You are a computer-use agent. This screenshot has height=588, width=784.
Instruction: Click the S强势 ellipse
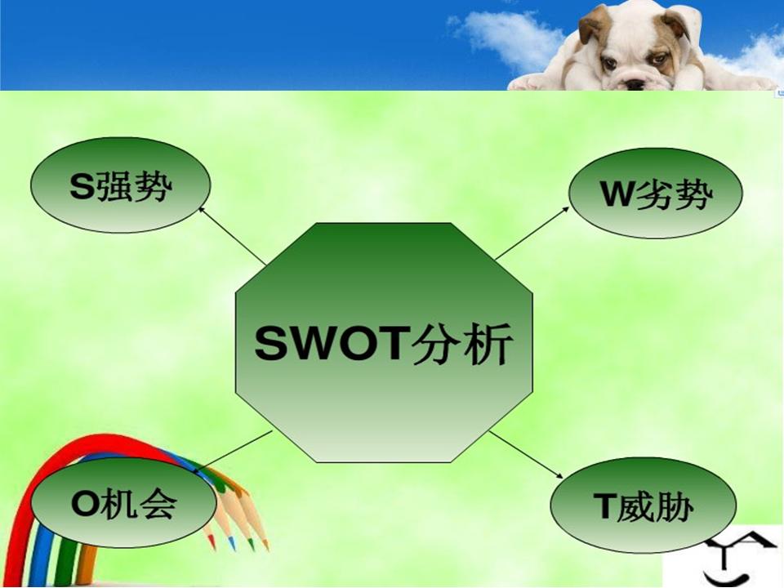tap(121, 185)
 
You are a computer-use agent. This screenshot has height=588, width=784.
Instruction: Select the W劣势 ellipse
tap(656, 193)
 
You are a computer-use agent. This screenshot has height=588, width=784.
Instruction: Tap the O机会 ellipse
tap(124, 502)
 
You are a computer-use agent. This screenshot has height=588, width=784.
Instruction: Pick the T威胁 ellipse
tap(643, 505)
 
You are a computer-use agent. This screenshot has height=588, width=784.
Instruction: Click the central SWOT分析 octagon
tap(384, 342)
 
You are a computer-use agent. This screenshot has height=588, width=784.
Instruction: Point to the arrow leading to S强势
tap(233, 235)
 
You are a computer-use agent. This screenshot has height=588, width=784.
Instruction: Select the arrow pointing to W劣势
tap(532, 233)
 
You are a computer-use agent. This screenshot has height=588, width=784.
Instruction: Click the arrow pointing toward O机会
tap(233, 452)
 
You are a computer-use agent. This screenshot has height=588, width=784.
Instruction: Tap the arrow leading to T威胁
tap(526, 454)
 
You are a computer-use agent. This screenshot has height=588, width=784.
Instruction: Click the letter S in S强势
tap(82, 186)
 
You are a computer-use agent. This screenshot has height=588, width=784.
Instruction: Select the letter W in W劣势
tap(617, 194)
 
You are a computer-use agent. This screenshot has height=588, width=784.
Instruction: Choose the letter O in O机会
tap(84, 503)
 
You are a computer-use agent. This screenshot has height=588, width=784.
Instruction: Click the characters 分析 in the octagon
tap(461, 344)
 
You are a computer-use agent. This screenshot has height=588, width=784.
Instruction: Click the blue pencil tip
tap(232, 545)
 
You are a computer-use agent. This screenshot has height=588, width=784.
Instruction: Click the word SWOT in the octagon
tap(329, 344)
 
